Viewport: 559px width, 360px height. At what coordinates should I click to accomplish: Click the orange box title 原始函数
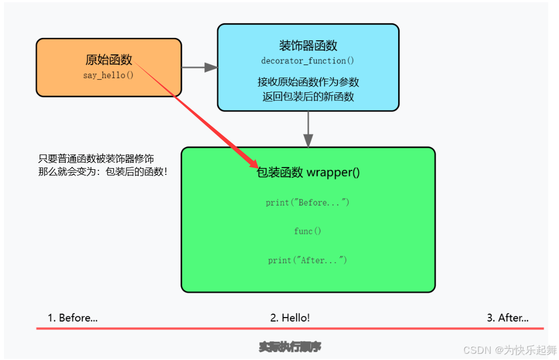[109, 59]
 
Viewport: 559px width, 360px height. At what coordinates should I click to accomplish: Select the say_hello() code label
[108, 75]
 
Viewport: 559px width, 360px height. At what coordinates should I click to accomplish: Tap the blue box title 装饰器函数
[308, 46]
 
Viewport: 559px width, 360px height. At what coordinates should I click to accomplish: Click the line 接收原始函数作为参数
[308, 82]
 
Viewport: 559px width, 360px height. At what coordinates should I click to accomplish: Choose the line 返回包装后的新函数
[308, 96]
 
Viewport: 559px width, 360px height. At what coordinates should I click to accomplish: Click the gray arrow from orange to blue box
[200, 67]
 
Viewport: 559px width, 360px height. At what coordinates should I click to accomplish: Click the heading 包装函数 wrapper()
[308, 173]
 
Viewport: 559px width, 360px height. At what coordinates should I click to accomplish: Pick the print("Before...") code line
[308, 203]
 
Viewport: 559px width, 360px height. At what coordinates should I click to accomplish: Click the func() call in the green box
[308, 231]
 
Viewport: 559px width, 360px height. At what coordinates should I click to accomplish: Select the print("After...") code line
[308, 260]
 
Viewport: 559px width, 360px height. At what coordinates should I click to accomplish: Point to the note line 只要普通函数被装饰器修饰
[96, 158]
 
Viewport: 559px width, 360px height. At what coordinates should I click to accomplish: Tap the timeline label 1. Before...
[72, 318]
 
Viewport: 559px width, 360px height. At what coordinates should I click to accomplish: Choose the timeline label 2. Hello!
[290, 318]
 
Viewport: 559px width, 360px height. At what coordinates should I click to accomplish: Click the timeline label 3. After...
[507, 318]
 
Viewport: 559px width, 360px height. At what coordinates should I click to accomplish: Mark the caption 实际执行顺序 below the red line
[290, 346]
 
